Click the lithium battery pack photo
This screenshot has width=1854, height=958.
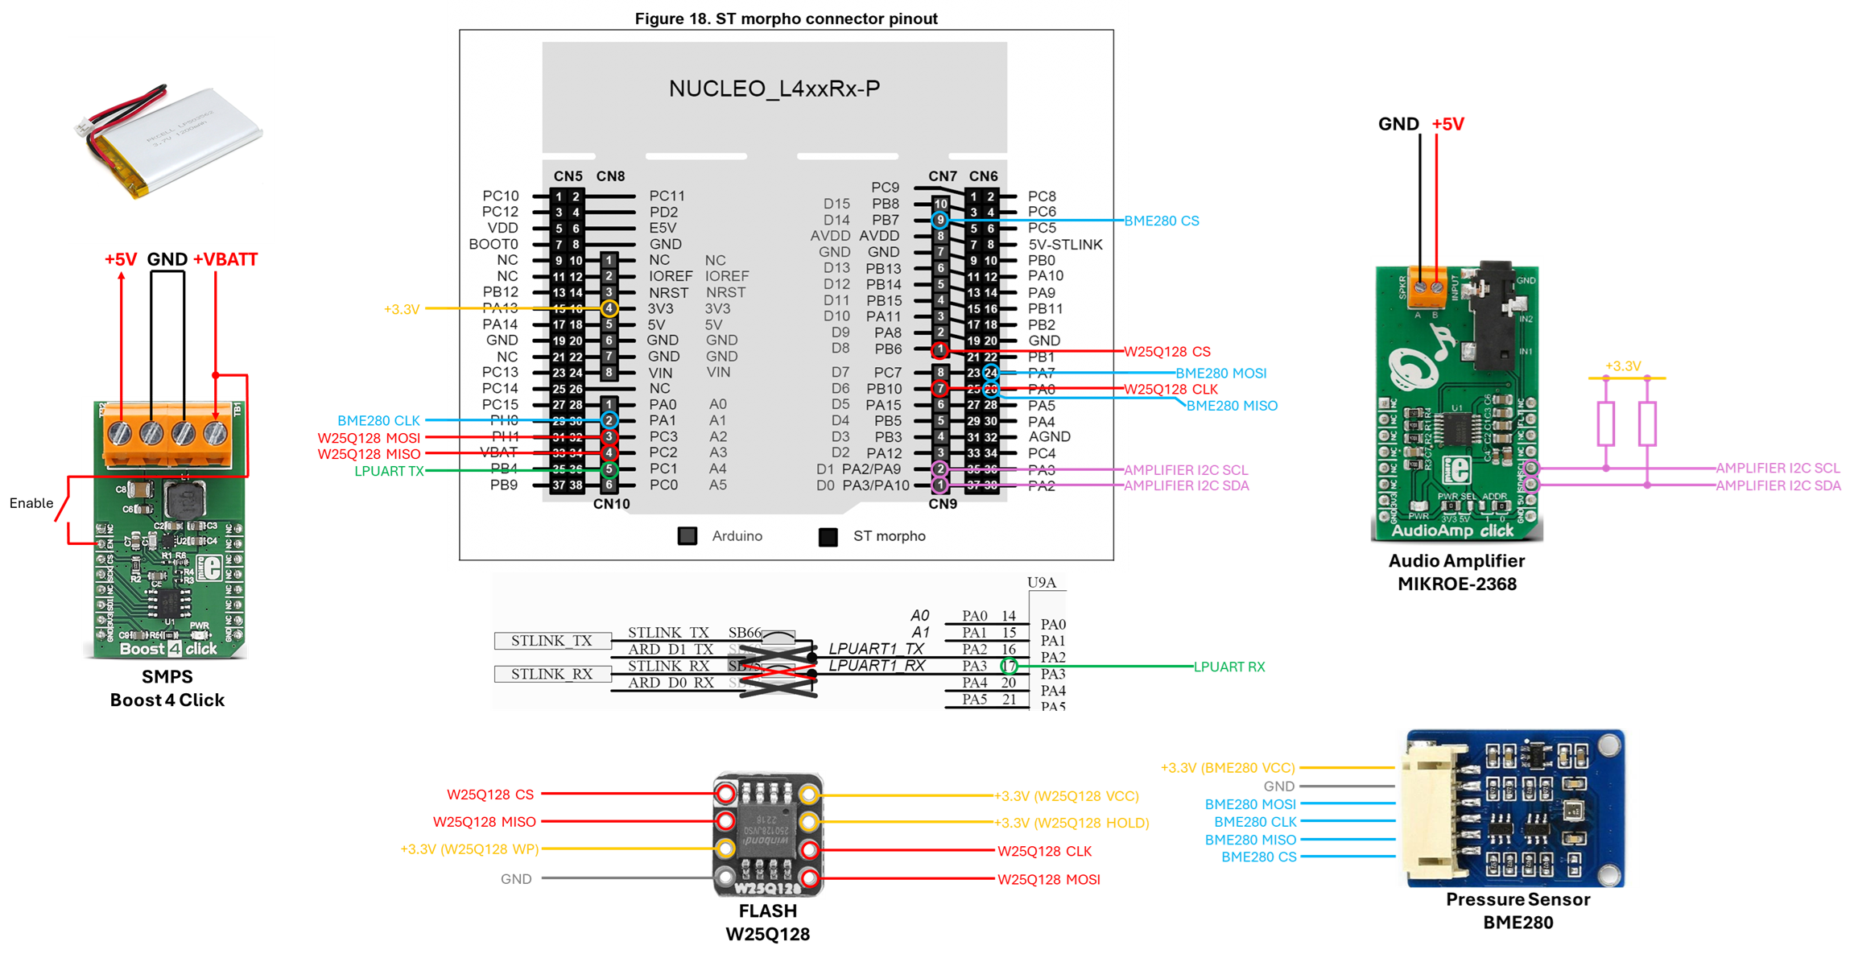point(171,138)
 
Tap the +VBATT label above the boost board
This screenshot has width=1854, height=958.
point(225,260)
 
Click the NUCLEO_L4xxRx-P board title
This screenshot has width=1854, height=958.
point(774,89)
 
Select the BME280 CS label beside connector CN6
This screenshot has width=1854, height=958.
point(1162,221)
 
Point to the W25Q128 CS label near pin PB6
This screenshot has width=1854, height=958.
point(1167,352)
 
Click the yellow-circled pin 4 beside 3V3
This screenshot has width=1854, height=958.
point(609,308)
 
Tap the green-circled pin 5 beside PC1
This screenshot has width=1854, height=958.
point(609,469)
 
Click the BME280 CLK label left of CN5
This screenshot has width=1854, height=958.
point(378,420)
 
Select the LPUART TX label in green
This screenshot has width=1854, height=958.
point(389,471)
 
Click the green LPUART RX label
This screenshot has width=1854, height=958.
point(1229,667)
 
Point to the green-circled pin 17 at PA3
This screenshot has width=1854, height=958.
point(1009,666)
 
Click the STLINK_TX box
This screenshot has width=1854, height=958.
point(551,641)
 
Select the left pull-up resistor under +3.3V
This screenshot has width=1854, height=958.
point(1606,423)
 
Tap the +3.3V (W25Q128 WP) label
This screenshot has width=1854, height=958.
point(469,849)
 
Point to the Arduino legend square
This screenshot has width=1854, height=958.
point(687,536)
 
